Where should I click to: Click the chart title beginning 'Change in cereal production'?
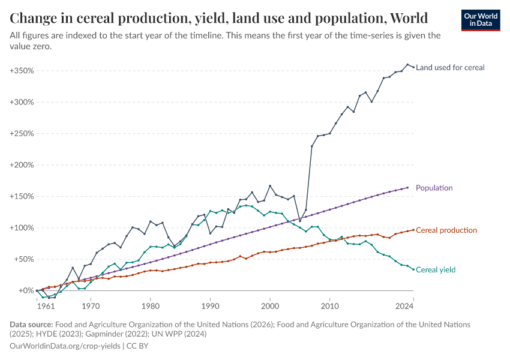(219, 17)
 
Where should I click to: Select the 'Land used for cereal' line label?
(450, 67)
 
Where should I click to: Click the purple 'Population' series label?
(434, 188)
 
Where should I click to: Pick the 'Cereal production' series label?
(446, 230)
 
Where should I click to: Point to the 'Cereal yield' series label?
(436, 270)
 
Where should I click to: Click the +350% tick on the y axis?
(21, 70)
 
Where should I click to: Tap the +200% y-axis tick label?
(21, 165)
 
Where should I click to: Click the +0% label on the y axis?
(25, 291)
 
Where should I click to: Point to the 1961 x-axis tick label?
(45, 306)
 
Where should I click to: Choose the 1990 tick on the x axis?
(210, 306)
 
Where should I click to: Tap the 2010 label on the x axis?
(329, 306)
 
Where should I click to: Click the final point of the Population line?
(407, 188)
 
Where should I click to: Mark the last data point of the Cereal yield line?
(413, 269)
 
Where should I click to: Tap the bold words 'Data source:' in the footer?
(31, 324)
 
